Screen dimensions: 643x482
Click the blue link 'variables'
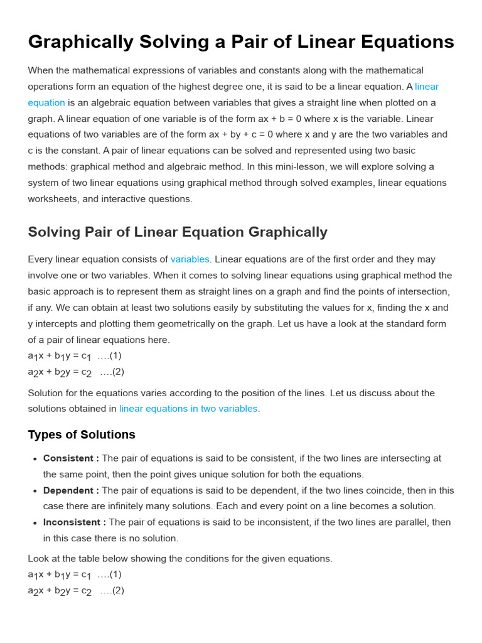190,259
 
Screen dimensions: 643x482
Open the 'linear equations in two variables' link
188,409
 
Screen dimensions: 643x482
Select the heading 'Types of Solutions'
82,435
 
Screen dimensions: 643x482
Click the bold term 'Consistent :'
71,458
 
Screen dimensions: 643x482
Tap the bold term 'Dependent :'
71,490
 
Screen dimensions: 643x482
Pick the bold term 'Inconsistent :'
75,522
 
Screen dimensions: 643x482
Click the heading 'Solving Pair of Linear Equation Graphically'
178,232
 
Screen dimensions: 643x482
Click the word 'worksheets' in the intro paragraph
51,199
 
